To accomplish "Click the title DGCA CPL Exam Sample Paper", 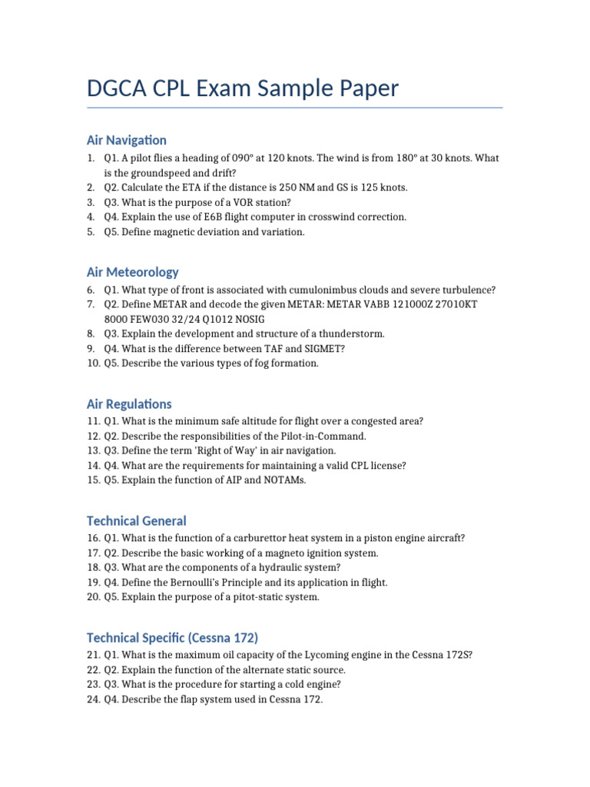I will (243, 88).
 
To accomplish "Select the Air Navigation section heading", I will (126, 140).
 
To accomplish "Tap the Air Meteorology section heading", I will (132, 271).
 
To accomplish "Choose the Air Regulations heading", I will (129, 403).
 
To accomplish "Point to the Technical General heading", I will (136, 520).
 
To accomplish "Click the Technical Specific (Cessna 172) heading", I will (172, 637).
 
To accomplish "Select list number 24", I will (93, 699).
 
